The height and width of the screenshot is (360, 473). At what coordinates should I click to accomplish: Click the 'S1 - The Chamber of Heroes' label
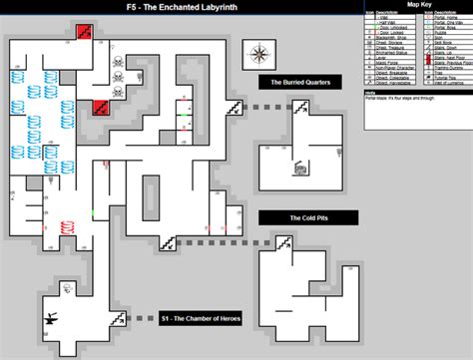205,319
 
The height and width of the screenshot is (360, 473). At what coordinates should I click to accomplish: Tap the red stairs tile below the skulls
101,107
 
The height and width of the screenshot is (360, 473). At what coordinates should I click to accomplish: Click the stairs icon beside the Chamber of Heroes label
118,318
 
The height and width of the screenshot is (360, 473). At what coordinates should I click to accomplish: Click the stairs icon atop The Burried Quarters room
236,106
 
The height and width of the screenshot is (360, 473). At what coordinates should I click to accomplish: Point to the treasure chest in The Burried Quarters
298,169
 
